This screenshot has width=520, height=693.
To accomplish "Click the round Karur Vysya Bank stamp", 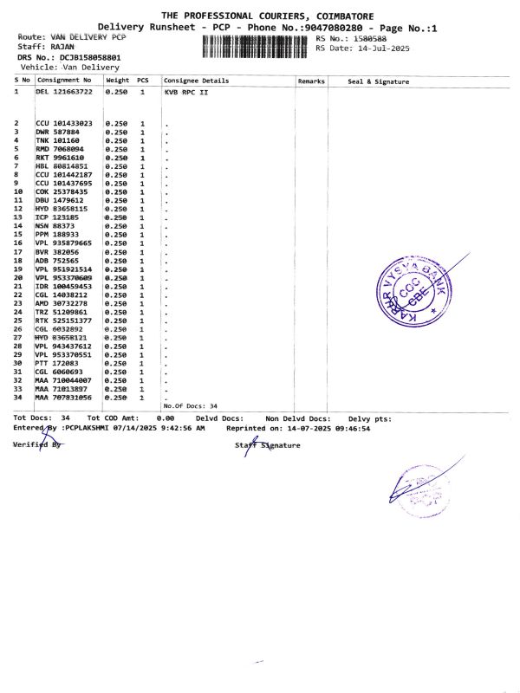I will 414,290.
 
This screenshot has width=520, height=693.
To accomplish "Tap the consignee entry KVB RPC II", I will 186,90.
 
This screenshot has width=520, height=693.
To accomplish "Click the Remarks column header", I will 311,81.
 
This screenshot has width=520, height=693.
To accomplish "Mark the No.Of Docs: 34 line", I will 190,405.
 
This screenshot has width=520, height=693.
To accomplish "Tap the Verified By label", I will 39,444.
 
